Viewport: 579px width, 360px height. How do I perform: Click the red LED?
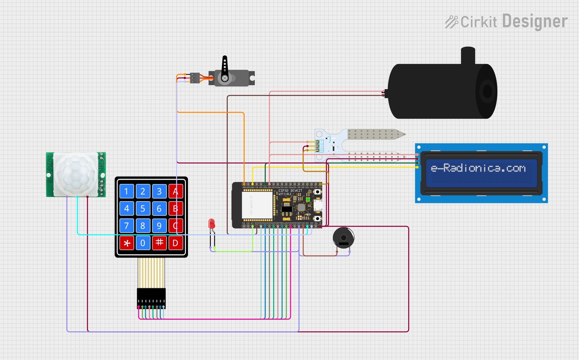[x=212, y=224]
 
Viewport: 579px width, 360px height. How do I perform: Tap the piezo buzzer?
[x=343, y=238]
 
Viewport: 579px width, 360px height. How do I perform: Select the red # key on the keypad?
[x=159, y=242]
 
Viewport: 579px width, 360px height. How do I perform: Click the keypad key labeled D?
[x=175, y=243]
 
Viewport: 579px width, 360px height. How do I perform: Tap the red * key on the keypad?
[x=127, y=243]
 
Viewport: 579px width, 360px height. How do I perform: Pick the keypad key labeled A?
[x=175, y=191]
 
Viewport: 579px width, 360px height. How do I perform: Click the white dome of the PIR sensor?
[x=75, y=174]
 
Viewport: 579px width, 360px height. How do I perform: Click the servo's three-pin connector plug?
[x=195, y=78]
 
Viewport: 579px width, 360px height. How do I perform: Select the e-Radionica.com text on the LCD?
[x=478, y=168]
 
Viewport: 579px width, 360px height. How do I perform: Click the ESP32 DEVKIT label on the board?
[x=290, y=191]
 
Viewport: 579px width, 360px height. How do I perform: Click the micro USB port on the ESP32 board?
[x=318, y=205]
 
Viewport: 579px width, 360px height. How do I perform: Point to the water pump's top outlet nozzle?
[x=468, y=55]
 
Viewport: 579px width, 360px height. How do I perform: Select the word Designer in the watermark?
[x=535, y=21]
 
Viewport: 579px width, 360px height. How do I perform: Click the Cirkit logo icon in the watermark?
[x=451, y=22]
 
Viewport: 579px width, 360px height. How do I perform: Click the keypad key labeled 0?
[x=143, y=243]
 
